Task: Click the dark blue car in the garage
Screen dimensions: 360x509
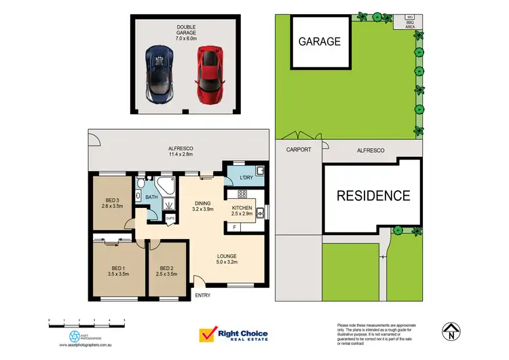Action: [x=159, y=75]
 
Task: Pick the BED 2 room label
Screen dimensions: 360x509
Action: [x=166, y=270]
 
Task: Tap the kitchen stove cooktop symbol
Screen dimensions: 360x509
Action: [x=242, y=194]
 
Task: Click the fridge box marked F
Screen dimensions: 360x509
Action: [x=235, y=226]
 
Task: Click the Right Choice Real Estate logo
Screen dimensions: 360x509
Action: [x=233, y=336]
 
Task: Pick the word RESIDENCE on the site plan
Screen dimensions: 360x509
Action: [x=373, y=196]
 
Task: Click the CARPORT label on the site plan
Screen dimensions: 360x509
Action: [x=298, y=149]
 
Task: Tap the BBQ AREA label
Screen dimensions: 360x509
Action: [x=409, y=24]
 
